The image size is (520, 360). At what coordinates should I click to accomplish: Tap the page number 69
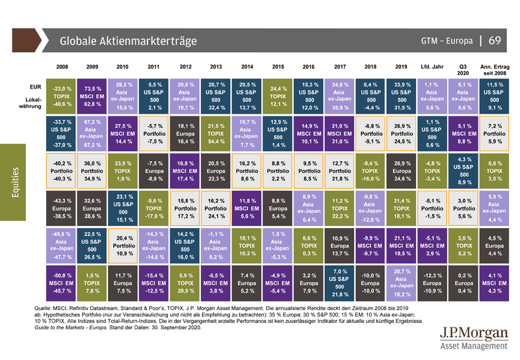(494, 41)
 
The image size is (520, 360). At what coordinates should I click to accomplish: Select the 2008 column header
(62, 66)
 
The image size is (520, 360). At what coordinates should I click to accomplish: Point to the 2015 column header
(278, 66)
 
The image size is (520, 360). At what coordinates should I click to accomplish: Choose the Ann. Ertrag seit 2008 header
(495, 70)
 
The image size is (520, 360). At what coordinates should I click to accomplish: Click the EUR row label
(36, 86)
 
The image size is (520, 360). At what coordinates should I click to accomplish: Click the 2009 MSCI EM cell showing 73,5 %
(92, 96)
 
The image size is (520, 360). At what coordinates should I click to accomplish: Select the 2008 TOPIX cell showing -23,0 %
(62, 96)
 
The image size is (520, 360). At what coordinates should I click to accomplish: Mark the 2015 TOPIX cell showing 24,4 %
(278, 96)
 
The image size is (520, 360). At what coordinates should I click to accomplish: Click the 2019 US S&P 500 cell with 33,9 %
(401, 96)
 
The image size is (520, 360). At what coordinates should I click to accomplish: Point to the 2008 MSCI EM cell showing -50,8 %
(62, 284)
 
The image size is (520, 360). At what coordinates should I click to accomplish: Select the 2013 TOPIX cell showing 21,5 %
(216, 133)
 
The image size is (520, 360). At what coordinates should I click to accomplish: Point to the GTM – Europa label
(445, 41)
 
